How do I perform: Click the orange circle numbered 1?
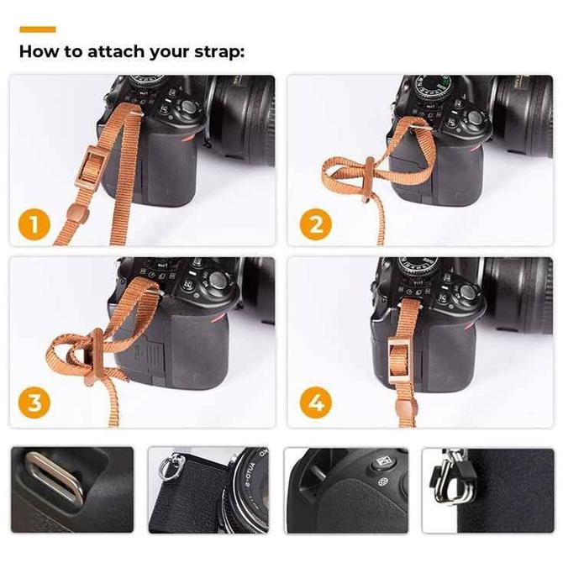(x=34, y=225)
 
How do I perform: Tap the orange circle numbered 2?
(x=316, y=224)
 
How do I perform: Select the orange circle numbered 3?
(x=34, y=403)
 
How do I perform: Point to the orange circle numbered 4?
(x=316, y=403)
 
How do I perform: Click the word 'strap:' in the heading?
(x=219, y=52)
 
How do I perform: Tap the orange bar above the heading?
(x=38, y=29)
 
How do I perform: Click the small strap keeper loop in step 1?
(x=78, y=213)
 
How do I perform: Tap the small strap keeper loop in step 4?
(x=407, y=409)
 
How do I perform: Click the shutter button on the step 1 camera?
(x=188, y=106)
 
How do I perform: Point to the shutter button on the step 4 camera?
(x=466, y=292)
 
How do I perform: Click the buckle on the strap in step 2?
(x=369, y=179)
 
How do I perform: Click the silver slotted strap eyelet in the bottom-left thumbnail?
(x=55, y=478)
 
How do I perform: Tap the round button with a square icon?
(x=383, y=462)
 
